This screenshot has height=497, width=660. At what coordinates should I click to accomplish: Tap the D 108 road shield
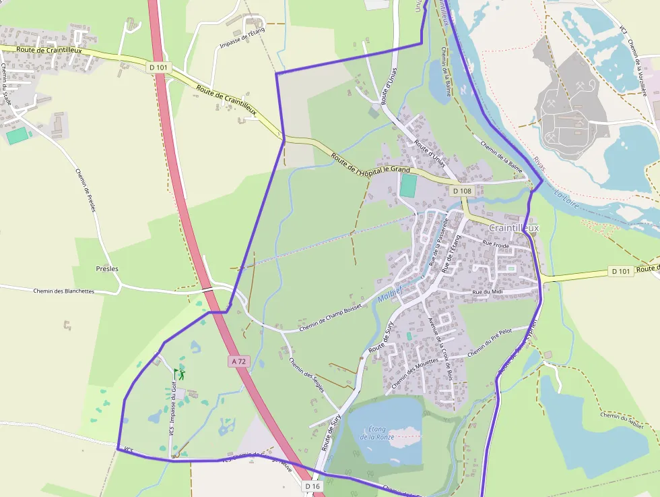(462, 191)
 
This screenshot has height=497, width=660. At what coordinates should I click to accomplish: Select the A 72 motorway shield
(239, 361)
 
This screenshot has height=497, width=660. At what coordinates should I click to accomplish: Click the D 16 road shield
(312, 486)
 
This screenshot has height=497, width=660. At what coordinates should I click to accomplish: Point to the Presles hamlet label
(107, 268)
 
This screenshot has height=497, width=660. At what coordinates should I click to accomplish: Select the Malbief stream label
(389, 295)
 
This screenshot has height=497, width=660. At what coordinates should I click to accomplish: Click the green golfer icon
(179, 373)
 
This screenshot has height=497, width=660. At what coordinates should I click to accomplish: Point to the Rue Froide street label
(496, 245)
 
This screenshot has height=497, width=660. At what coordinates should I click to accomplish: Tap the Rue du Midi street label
(488, 291)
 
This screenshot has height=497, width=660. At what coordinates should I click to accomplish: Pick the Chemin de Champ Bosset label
(330, 318)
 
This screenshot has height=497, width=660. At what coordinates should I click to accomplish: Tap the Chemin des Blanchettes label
(63, 291)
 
